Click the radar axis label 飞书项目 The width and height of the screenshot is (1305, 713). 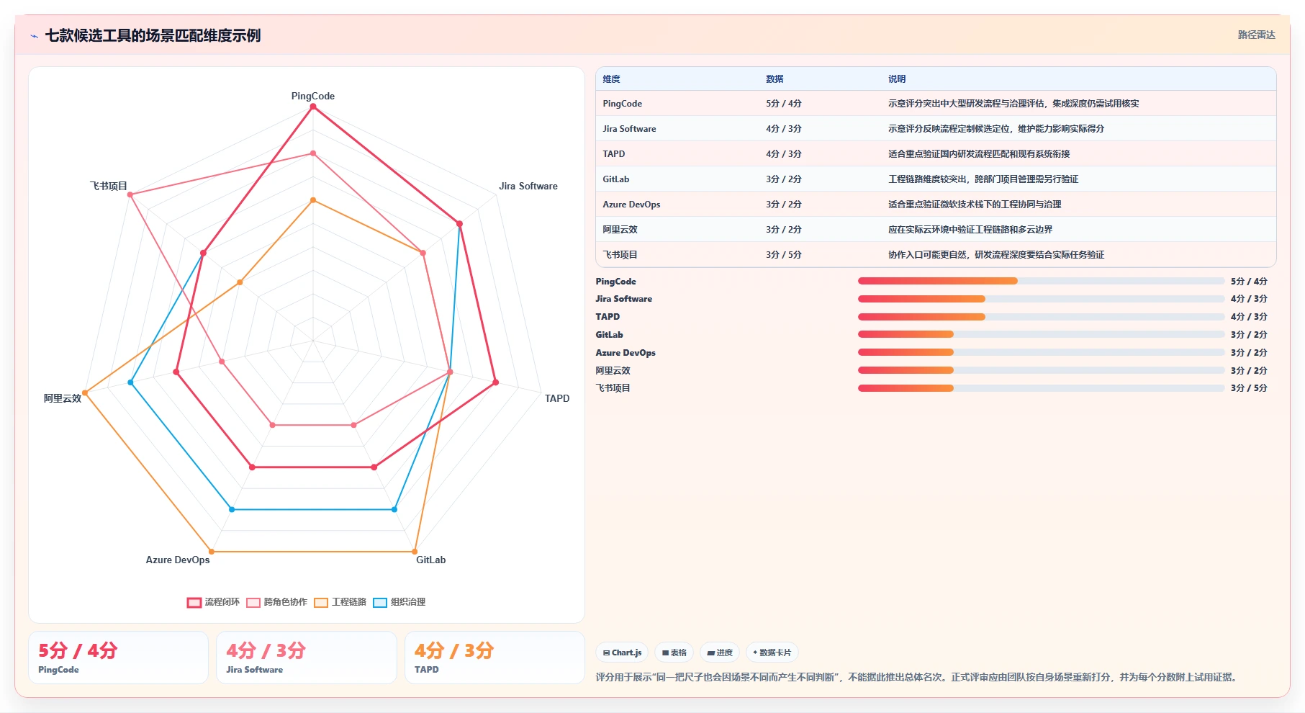[x=108, y=186]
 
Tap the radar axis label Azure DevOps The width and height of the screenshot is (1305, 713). [x=178, y=560]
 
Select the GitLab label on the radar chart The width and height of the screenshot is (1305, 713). [x=430, y=560]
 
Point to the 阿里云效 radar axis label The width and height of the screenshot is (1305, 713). [x=63, y=398]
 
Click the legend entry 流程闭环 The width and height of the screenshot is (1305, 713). [x=213, y=602]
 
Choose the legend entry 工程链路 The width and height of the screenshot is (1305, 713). [x=340, y=602]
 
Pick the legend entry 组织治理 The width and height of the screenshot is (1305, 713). [x=399, y=602]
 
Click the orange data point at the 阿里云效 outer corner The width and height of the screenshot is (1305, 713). [x=85, y=393]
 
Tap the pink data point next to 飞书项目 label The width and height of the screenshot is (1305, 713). [x=130, y=194]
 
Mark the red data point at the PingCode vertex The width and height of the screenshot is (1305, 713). [x=312, y=107]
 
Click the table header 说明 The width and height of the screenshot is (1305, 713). [x=897, y=79]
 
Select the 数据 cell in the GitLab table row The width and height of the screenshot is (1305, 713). [x=784, y=179]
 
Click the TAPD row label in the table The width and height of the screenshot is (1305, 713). [x=614, y=154]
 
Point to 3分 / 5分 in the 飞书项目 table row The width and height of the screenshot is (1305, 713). [x=784, y=255]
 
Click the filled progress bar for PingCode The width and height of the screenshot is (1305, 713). [x=938, y=281]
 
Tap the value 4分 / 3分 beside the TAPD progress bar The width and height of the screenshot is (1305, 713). [x=1249, y=317]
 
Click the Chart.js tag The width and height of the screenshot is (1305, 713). [x=622, y=653]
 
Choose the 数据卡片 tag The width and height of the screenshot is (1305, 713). [x=772, y=653]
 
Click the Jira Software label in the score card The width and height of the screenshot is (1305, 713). [x=255, y=670]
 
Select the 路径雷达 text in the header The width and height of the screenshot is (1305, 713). [x=1256, y=35]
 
